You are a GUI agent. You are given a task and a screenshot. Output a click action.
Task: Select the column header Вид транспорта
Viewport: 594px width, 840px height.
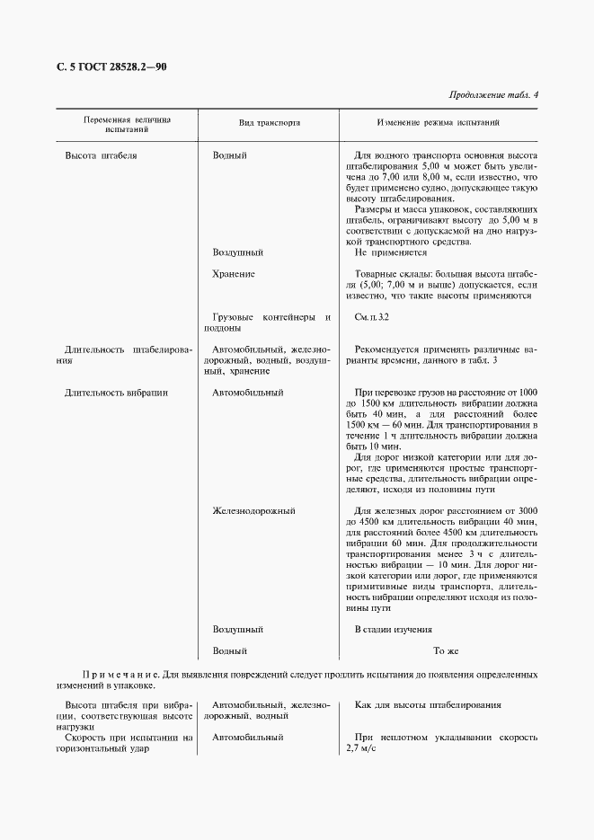click(x=268, y=123)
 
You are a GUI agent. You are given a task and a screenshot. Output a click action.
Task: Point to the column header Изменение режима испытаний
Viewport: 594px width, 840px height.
click(x=438, y=123)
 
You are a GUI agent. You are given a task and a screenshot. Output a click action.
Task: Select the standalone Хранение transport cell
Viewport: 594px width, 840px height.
click(x=234, y=274)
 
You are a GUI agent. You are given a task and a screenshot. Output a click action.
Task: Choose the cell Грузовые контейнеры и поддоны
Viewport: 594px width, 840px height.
click(x=270, y=323)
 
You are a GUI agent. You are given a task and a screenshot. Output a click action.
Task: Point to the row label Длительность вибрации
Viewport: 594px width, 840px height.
click(x=117, y=393)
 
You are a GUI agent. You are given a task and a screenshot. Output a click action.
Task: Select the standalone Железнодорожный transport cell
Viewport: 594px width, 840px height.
click(x=253, y=511)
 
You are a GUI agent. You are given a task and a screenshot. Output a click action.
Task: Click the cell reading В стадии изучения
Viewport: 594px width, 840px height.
click(x=394, y=630)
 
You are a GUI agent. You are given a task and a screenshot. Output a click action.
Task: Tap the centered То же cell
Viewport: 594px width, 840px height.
click(x=446, y=650)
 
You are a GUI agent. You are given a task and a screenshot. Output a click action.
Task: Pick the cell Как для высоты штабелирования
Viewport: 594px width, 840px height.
click(x=428, y=705)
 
